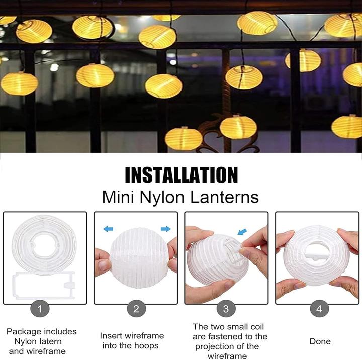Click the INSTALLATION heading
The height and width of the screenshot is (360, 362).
coord(181,174)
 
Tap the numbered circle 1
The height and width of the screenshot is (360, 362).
coord(40,308)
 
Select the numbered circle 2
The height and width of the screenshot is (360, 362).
coord(136,308)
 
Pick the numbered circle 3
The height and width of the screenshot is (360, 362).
coord(226,308)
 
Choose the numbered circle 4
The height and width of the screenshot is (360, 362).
coord(319,308)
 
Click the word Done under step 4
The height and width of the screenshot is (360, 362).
coord(320,341)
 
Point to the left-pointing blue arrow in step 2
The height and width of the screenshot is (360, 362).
coord(108,229)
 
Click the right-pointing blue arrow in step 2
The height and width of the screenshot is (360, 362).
coord(165,229)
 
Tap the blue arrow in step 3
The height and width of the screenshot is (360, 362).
coord(243,232)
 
